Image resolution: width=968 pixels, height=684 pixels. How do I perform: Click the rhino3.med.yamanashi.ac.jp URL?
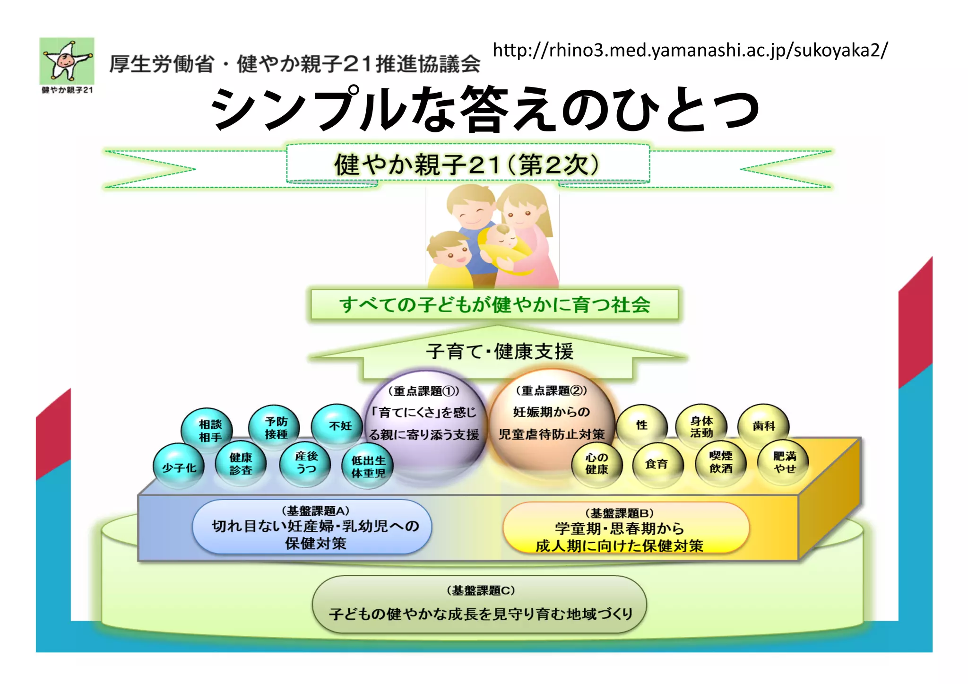tap(690, 50)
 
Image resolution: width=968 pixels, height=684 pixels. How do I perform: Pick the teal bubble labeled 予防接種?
tap(275, 428)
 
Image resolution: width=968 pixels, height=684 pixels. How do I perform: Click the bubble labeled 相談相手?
tap(208, 430)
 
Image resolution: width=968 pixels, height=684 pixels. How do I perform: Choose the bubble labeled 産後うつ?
tap(306, 463)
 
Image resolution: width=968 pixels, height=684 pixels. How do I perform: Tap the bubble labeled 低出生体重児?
tap(368, 467)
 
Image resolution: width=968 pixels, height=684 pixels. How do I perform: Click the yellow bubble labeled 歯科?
tap(763, 426)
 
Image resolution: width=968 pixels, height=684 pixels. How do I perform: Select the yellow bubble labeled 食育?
tap(657, 465)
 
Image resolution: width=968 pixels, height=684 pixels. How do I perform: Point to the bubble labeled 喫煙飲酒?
tap(721, 463)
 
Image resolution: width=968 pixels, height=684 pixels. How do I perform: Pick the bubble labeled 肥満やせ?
tap(784, 462)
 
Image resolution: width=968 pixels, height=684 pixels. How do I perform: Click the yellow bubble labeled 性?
tap(642, 425)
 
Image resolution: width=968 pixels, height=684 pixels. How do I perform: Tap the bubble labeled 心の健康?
tap(596, 464)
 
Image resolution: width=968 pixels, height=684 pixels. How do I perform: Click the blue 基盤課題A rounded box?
tap(312, 528)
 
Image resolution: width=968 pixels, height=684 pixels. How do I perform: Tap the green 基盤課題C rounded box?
tap(479, 604)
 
